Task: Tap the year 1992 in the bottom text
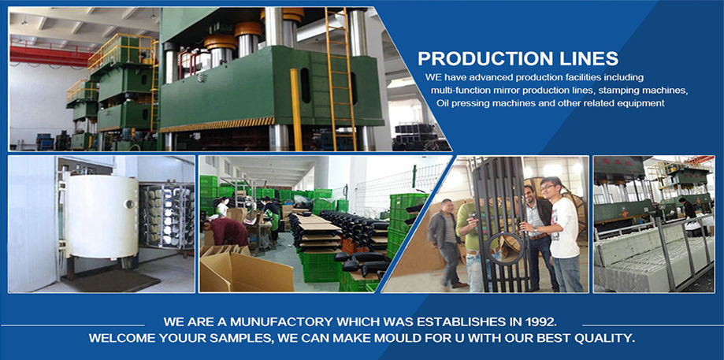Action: pos(543,321)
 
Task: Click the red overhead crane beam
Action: pos(50,56)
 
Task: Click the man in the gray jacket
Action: pos(444,243)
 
